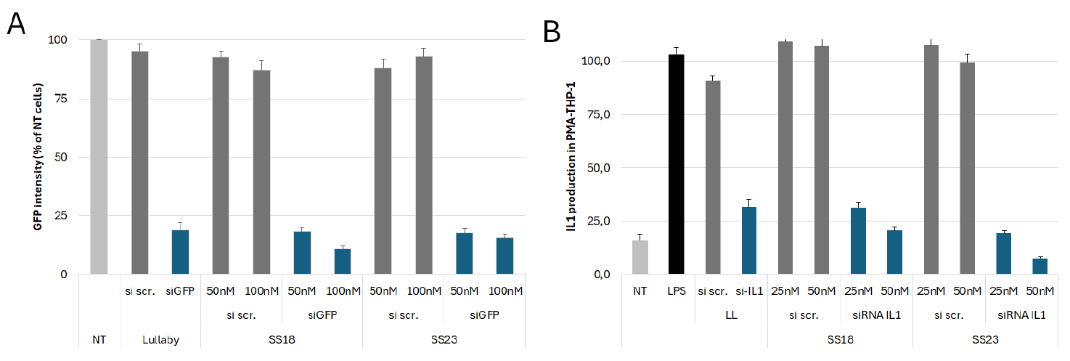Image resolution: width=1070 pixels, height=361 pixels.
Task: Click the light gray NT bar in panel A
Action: click(99, 157)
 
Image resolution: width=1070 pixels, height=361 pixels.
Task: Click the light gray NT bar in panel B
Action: click(639, 257)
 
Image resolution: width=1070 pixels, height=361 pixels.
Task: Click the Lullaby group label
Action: click(160, 338)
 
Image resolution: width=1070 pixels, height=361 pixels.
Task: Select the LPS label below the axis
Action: click(676, 291)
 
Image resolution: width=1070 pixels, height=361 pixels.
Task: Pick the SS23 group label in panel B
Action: click(984, 339)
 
